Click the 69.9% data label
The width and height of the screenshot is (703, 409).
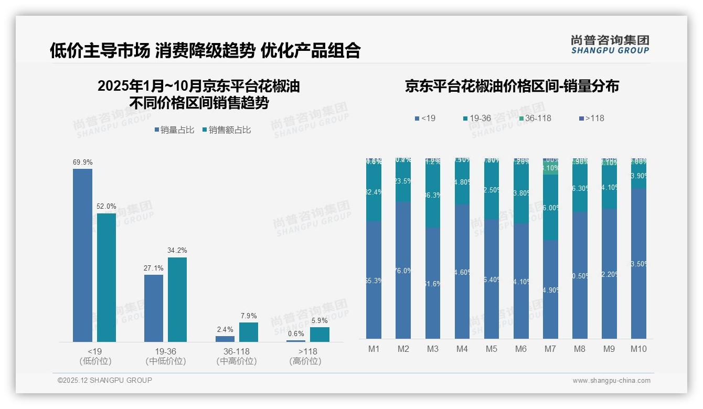tap(82, 163)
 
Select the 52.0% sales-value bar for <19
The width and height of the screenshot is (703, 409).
tap(106, 277)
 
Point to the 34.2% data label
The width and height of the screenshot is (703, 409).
tap(177, 251)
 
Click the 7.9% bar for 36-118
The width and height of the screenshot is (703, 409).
tap(249, 332)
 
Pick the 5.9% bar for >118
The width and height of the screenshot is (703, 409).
tap(319, 335)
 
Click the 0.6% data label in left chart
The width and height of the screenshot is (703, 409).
tap(296, 334)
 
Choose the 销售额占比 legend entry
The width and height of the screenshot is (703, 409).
tap(226, 130)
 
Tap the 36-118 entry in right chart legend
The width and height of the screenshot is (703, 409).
tap(535, 119)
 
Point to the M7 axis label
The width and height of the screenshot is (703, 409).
tap(550, 349)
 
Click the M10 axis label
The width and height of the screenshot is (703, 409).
tap(638, 349)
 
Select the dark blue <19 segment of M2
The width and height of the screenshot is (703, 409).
tap(403, 270)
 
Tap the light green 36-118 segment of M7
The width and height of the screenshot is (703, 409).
tap(550, 168)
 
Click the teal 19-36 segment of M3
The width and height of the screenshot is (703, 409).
tap(433, 195)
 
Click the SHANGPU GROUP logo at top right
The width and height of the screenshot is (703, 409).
tap(610, 45)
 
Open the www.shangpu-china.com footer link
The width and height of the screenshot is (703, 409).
tap(611, 381)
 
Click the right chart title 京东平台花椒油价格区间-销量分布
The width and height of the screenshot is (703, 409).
tap(512, 87)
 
